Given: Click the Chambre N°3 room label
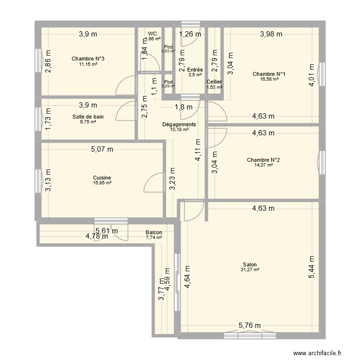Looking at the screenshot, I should tap(88, 59).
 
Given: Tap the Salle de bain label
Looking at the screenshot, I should tap(88, 117).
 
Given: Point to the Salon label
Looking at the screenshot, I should tap(250, 264).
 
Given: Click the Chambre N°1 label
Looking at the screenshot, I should tap(269, 74).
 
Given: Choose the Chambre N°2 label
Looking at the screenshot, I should tap(263, 160).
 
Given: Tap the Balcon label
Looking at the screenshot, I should tap(154, 232).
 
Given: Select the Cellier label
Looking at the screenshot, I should tap(214, 82).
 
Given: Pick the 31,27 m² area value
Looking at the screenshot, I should tap(250, 270).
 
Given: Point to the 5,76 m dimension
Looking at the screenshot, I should tap(250, 325).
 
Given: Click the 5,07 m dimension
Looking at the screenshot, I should tap(102, 149).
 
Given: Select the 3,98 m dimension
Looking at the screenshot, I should tap(271, 34).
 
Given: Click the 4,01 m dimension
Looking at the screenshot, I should tap(312, 75).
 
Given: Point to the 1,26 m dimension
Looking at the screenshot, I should tap(191, 34).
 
